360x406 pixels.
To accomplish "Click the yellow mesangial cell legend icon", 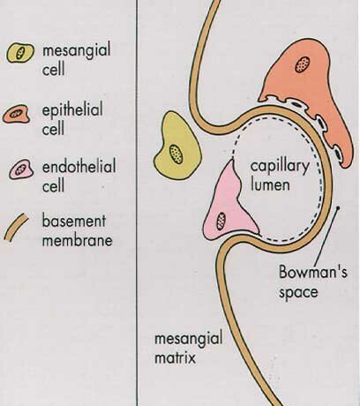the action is tap(20, 53).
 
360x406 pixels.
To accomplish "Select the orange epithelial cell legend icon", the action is tap(17, 115).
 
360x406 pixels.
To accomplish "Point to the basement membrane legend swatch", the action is tap(17, 228).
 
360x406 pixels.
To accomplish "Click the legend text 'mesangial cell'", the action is tap(77, 59).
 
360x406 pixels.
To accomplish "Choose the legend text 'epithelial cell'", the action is tap(72, 118).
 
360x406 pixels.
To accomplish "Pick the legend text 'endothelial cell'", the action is tap(79, 176).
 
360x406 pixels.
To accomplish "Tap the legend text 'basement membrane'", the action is tap(77, 230).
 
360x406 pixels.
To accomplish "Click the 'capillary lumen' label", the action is tap(280, 176).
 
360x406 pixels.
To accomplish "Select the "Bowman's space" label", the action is tap(312, 282).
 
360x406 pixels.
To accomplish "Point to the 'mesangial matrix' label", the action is tap(188, 348).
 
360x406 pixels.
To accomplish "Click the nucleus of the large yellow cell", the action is tap(176, 154).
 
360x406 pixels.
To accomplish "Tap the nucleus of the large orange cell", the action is tap(303, 64).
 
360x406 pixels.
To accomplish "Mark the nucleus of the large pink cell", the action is tap(221, 221).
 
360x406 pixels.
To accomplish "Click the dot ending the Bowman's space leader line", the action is tap(338, 208).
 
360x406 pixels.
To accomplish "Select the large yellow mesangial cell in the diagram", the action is tap(177, 147).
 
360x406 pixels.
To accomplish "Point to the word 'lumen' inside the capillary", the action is tap(270, 184).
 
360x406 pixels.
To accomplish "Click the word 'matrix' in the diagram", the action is tap(175, 357).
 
